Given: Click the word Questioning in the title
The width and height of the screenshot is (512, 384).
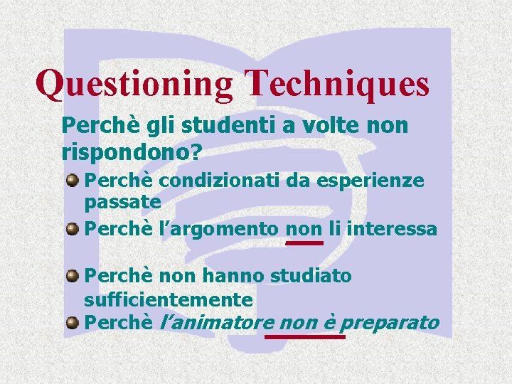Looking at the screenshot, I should pyautogui.click(x=134, y=83).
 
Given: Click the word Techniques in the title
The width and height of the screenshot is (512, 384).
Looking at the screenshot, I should pyautogui.click(x=336, y=83).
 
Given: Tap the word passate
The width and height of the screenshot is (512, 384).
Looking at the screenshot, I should pyautogui.click(x=122, y=202).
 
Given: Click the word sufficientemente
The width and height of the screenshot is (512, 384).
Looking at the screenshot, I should pyautogui.click(x=169, y=299).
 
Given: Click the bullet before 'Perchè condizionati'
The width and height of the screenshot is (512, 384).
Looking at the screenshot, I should pyautogui.click(x=73, y=181).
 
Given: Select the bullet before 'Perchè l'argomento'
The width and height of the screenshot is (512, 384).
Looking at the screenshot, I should pyautogui.click(x=73, y=228).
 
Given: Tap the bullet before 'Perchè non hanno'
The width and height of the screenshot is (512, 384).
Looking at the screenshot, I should pyautogui.click(x=73, y=275).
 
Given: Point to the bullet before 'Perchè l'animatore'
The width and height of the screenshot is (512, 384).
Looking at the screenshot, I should pyautogui.click(x=73, y=322).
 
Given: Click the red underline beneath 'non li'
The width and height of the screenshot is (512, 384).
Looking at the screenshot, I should pyautogui.click(x=304, y=242).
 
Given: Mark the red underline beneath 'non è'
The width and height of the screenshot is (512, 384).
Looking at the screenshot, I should pyautogui.click(x=304, y=336).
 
